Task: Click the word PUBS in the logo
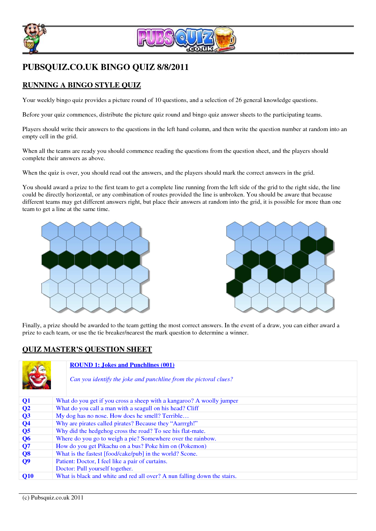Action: (x=155, y=38)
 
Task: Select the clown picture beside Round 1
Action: (x=37, y=375)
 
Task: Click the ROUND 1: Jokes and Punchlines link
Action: (x=122, y=365)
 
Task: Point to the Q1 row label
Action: (x=26, y=401)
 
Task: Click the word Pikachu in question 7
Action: (x=108, y=446)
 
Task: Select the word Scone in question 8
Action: (x=188, y=454)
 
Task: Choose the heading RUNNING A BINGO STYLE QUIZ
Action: (x=82, y=85)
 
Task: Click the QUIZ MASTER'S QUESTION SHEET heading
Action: (x=87, y=349)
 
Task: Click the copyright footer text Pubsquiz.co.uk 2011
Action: (x=57, y=498)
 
